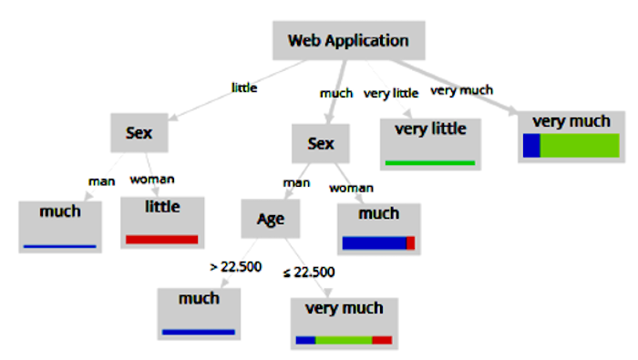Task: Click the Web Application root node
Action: (x=349, y=41)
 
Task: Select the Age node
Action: (x=271, y=219)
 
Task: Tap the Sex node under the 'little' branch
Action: (x=139, y=133)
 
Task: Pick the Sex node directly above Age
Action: (x=321, y=144)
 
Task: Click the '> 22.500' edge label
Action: (x=235, y=267)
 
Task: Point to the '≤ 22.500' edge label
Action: (x=309, y=273)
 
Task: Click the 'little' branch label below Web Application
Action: (x=244, y=87)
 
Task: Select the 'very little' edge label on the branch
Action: (x=391, y=94)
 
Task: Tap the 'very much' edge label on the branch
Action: (x=462, y=90)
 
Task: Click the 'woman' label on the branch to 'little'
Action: (x=152, y=180)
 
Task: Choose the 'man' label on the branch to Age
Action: (x=296, y=183)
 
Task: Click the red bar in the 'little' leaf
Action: (x=162, y=239)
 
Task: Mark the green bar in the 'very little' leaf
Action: (x=430, y=163)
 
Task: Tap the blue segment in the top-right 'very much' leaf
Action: (x=531, y=145)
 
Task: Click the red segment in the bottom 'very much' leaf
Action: (x=382, y=340)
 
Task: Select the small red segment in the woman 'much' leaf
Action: (x=410, y=242)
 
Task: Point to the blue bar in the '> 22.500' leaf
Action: (x=199, y=332)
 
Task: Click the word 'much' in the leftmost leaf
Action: (x=60, y=211)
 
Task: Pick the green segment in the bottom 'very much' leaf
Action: (x=344, y=340)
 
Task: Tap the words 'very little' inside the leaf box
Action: (x=430, y=129)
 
